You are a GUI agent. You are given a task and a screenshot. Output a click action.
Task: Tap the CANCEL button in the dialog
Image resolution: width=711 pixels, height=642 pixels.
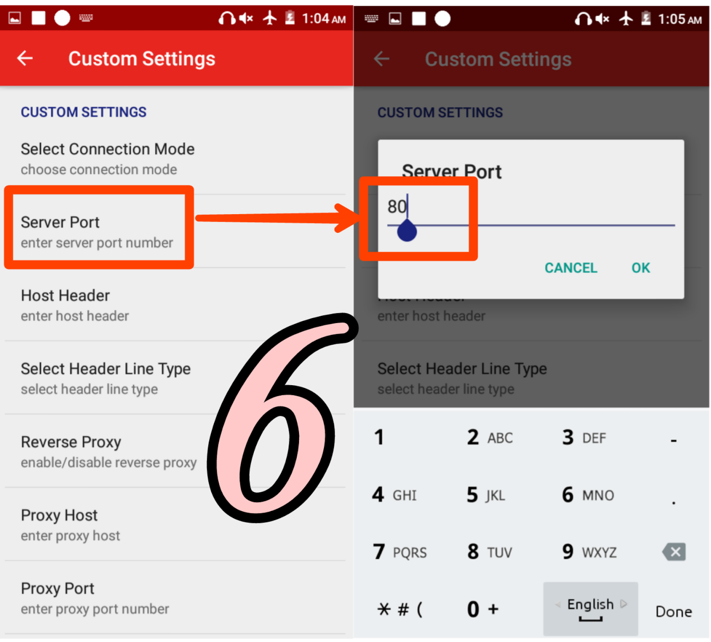tap(571, 268)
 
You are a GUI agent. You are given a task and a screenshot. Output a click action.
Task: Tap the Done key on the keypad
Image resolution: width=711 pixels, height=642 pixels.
tap(673, 611)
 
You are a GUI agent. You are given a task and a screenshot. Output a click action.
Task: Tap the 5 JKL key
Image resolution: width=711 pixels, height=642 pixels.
tap(486, 494)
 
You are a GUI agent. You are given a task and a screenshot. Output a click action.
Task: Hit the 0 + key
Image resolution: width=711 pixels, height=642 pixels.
tap(483, 609)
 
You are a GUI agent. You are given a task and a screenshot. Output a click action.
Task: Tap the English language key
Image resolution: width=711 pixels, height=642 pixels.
tap(590, 608)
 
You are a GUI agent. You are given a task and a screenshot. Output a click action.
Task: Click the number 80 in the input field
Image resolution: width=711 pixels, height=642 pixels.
tap(396, 207)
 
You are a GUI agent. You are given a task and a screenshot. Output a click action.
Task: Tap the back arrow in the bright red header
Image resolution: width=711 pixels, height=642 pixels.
tap(25, 58)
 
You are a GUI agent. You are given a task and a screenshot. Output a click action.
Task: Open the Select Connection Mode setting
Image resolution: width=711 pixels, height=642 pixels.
tap(108, 159)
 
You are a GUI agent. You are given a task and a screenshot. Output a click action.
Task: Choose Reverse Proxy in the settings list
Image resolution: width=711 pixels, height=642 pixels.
tap(108, 451)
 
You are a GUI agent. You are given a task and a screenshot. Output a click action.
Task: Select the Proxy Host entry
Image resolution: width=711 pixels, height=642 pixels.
tap(70, 525)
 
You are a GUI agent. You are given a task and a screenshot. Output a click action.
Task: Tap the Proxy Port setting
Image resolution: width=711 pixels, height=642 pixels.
tap(95, 598)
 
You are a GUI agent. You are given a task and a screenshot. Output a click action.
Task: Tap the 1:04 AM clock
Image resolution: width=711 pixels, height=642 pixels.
tap(324, 19)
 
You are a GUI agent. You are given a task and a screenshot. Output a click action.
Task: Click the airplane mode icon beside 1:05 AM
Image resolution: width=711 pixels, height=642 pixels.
tap(626, 19)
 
